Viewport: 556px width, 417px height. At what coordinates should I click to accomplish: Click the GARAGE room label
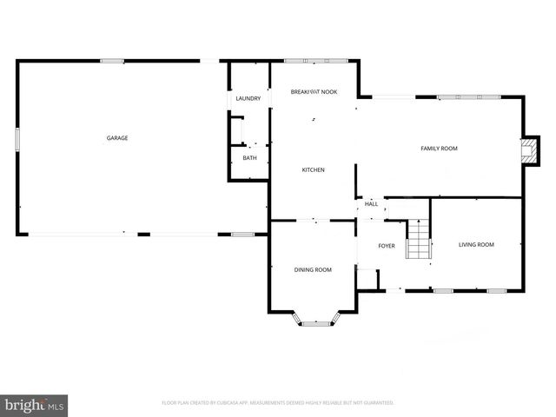coord(117,138)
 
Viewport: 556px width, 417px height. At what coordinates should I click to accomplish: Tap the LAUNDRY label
coord(248,98)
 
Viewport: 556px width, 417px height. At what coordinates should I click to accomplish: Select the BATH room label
coord(249,158)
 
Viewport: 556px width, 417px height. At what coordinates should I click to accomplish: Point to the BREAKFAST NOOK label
coord(314,91)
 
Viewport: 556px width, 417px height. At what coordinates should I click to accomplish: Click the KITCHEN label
coord(313,170)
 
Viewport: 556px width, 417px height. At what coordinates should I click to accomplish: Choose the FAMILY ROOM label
coord(439,149)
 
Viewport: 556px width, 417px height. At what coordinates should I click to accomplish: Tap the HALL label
coord(371,204)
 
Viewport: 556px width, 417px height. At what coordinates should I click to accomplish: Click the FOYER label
coord(387,246)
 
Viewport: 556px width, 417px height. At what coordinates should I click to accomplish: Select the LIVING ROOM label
coord(476,245)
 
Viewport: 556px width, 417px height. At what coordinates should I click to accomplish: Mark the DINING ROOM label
coord(313,270)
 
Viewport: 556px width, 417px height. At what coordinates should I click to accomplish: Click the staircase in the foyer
coord(420,240)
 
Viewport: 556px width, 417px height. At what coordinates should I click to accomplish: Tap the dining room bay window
coord(316,323)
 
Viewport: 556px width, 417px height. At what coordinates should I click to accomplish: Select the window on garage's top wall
coord(112,60)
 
